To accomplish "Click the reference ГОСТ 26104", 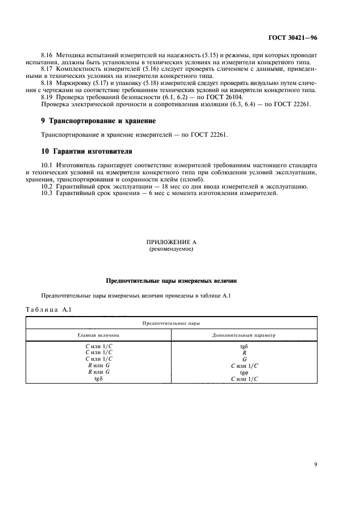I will [x=230, y=97].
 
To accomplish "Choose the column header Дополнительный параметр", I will [x=243, y=335].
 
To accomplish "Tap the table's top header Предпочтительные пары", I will [x=171, y=323].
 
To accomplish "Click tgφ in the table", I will [x=244, y=372].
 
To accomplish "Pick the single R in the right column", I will [x=244, y=353].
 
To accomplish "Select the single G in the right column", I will [x=244, y=359].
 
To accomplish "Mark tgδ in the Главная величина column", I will [x=99, y=379].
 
